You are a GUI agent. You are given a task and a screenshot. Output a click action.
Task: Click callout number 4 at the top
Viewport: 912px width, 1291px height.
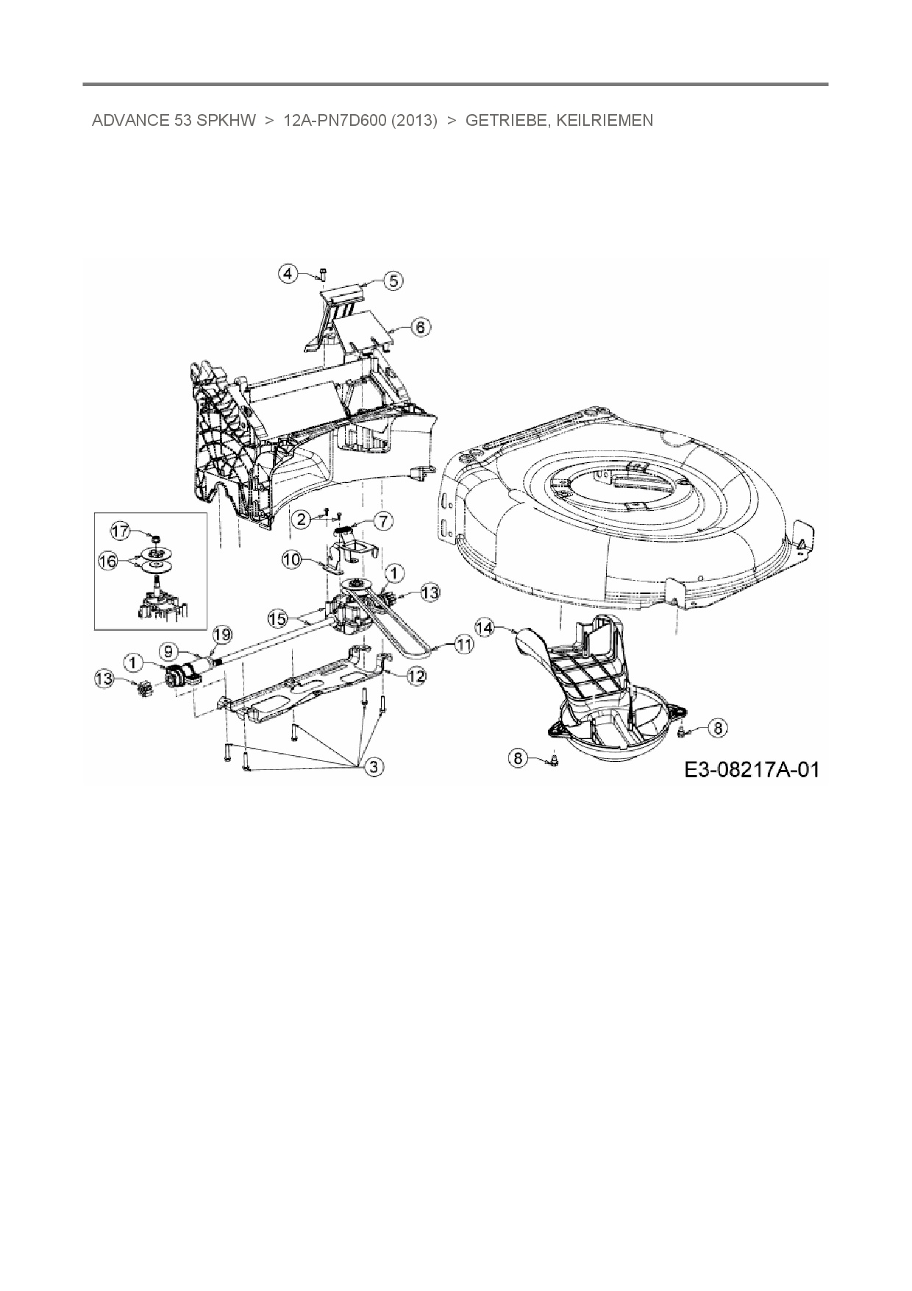[x=288, y=274]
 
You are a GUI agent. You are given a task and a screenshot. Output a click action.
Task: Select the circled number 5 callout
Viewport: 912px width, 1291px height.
[x=393, y=280]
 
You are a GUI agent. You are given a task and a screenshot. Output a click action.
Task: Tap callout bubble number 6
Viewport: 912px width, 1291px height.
[x=420, y=326]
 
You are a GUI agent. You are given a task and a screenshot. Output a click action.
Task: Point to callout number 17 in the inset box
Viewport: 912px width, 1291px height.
[x=120, y=530]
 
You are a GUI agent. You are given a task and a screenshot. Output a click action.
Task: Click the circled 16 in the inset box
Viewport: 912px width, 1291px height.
[x=107, y=562]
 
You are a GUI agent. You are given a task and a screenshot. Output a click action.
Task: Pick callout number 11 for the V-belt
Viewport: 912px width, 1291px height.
[x=464, y=645]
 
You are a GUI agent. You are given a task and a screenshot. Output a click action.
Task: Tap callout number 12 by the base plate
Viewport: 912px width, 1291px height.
[x=416, y=675]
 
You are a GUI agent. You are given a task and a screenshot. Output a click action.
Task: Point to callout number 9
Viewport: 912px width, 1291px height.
[x=168, y=651]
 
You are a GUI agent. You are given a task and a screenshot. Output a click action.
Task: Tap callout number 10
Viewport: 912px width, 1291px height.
[x=292, y=559]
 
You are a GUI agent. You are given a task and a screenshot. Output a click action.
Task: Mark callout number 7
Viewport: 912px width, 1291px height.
[x=383, y=521]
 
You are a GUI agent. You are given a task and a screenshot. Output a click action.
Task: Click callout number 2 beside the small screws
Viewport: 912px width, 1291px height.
[x=299, y=519]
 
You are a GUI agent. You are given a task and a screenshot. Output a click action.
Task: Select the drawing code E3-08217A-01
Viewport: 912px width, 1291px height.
[x=751, y=770]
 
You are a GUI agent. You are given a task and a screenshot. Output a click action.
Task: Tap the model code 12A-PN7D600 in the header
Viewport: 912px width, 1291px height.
[x=335, y=121]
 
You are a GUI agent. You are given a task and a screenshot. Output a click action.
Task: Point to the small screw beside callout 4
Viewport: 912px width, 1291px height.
[x=322, y=275]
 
